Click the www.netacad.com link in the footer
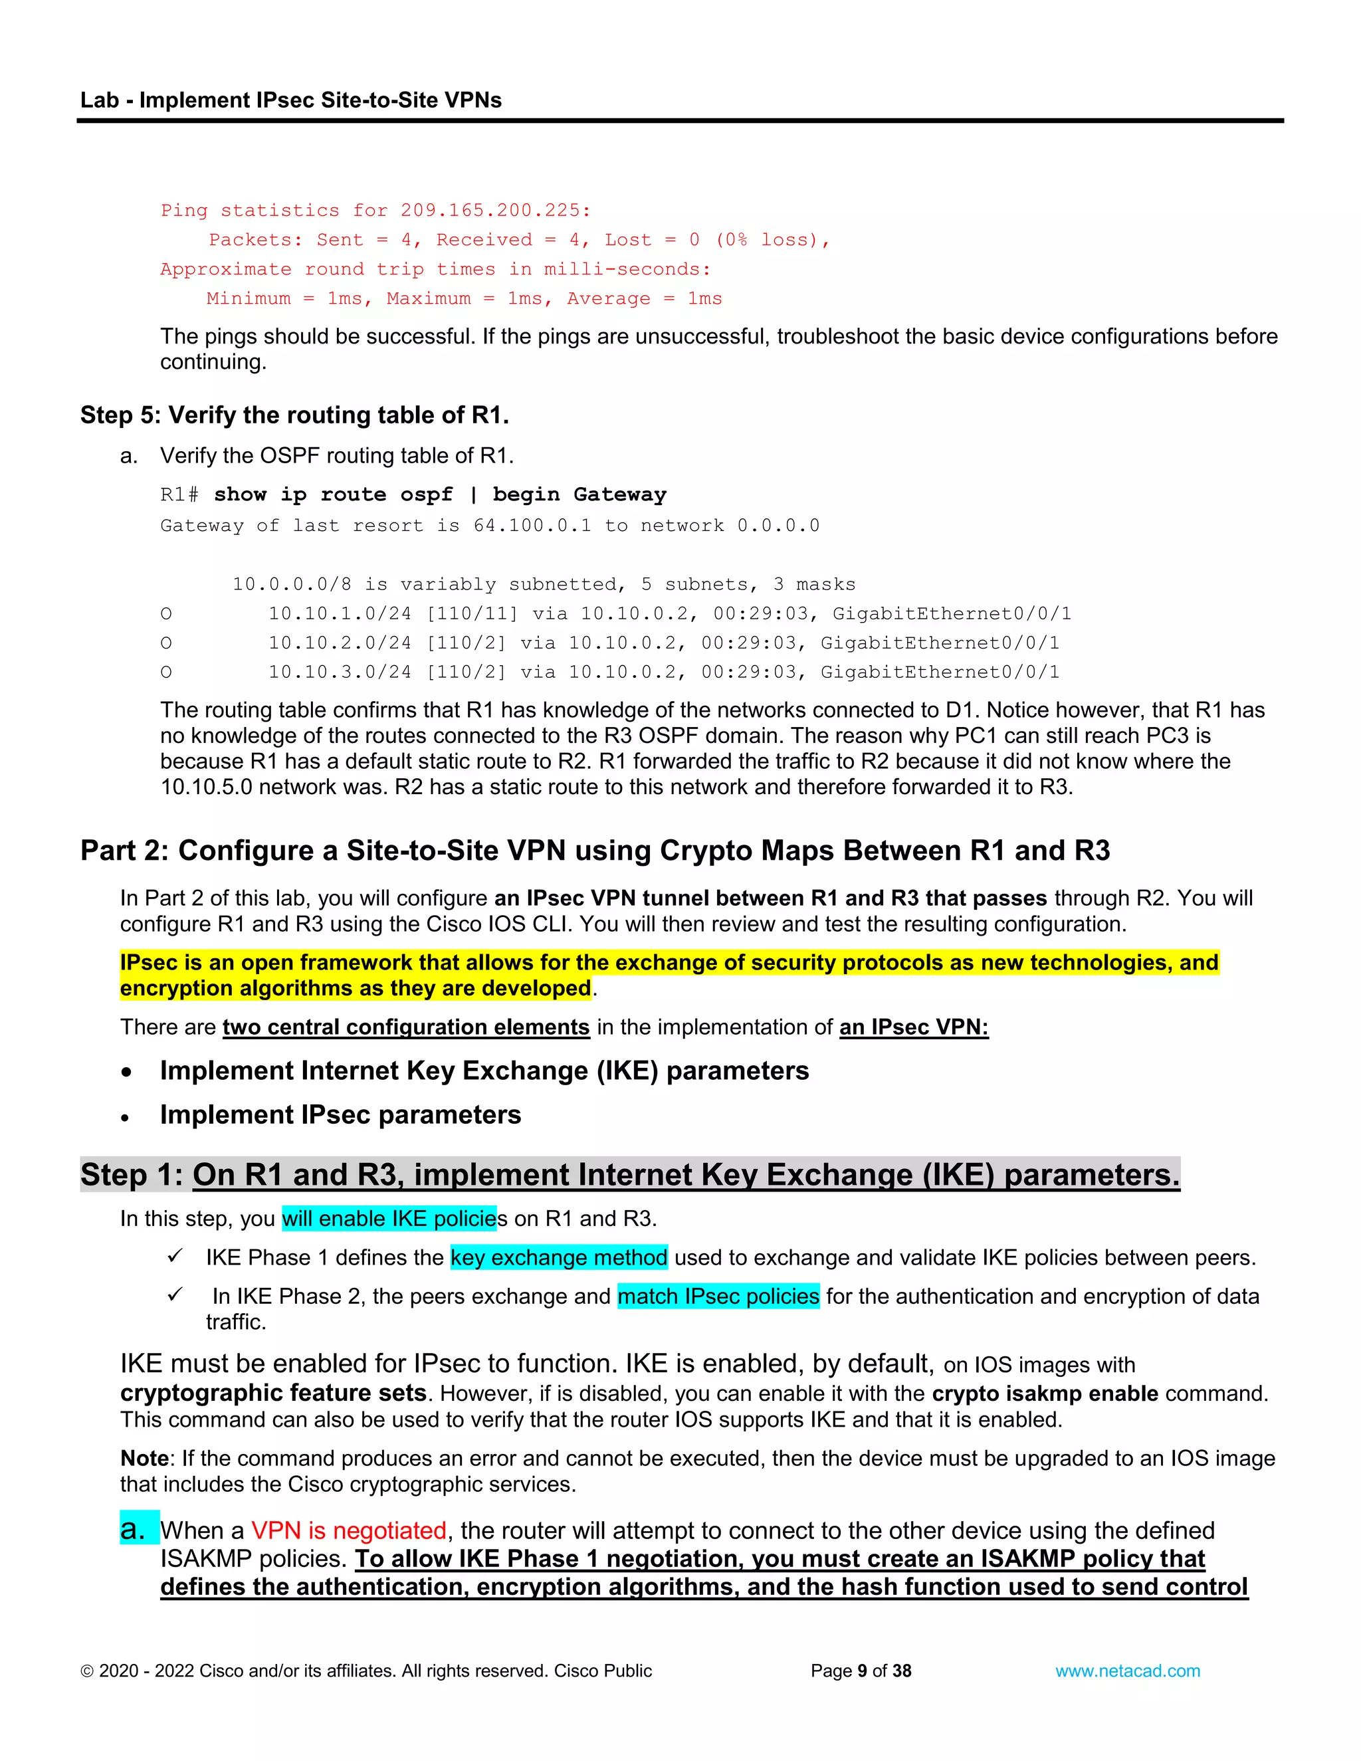(x=1127, y=1671)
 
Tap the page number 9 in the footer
(x=862, y=1671)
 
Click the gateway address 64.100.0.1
(x=532, y=526)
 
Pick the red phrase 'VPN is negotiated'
(x=348, y=1530)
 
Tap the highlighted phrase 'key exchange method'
(x=559, y=1258)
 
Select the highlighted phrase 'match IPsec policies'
(x=718, y=1296)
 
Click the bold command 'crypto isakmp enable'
(x=1045, y=1394)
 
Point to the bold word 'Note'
(x=144, y=1459)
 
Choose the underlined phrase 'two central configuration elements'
(x=405, y=1027)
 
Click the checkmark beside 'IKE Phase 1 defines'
(x=175, y=1256)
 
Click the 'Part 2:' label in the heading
(x=124, y=851)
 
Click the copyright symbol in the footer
(x=87, y=1671)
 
